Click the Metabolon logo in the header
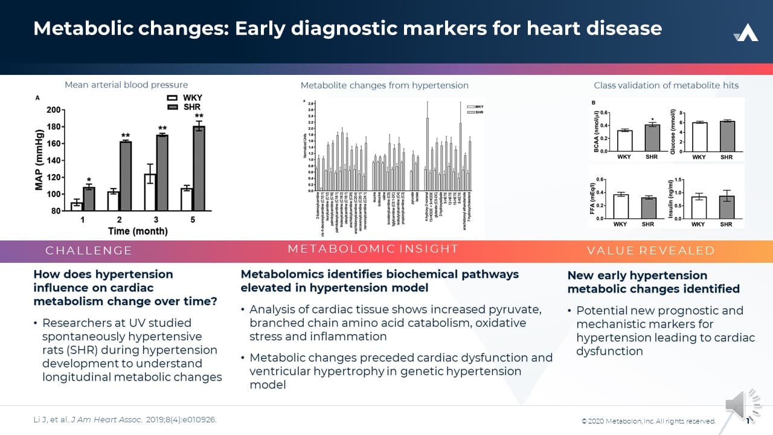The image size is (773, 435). pyautogui.click(x=746, y=33)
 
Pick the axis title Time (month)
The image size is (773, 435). pyautogui.click(x=138, y=231)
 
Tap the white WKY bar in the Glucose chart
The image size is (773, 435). pyautogui.click(x=699, y=137)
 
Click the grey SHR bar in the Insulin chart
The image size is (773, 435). pyautogui.click(x=726, y=207)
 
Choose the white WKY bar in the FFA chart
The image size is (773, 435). pyautogui.click(x=620, y=206)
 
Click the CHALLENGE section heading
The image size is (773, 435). pyautogui.click(x=88, y=251)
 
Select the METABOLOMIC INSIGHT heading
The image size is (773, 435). pyautogui.click(x=373, y=249)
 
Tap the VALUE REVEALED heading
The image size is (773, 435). pyautogui.click(x=650, y=251)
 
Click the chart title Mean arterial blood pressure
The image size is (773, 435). pyautogui.click(x=126, y=85)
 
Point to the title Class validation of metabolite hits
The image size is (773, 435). pyautogui.click(x=666, y=85)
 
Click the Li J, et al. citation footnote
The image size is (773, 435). pyautogui.click(x=124, y=419)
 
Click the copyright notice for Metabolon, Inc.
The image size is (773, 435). pyautogui.click(x=648, y=421)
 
